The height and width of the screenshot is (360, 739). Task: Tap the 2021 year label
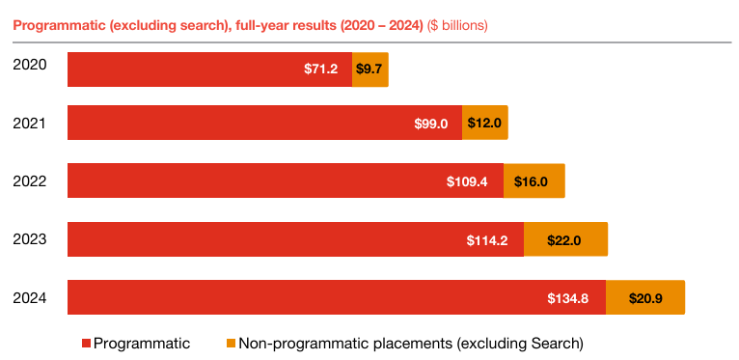point(29,123)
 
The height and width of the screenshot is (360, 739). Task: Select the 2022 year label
point(29,180)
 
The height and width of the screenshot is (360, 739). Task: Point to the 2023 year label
point(29,238)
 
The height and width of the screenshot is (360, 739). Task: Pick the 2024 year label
point(29,296)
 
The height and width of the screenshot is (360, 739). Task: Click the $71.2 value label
point(320,69)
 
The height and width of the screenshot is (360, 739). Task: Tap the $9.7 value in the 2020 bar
point(370,69)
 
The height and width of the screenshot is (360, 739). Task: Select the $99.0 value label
point(431,124)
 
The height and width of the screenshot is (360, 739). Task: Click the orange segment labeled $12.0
point(484,124)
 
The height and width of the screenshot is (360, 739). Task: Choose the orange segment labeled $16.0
point(534,181)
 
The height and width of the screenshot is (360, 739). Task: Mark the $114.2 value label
point(487,239)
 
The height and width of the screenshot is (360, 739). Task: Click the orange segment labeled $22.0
point(565,239)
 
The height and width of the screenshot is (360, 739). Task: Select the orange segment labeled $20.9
point(644,297)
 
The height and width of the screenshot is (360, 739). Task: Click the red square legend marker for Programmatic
point(86,344)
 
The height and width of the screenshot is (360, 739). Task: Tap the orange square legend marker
point(230,344)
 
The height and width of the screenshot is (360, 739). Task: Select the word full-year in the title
point(263,25)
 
